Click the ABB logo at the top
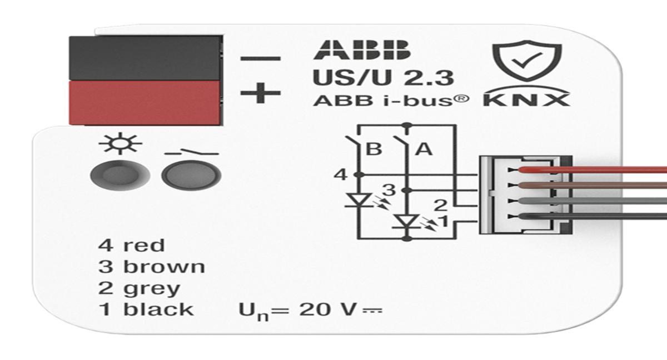(x=361, y=51)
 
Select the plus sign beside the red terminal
(x=260, y=93)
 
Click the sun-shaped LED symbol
(x=120, y=146)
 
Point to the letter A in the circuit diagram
(x=424, y=149)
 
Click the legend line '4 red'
(x=131, y=245)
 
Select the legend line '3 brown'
(x=151, y=267)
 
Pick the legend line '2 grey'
(x=139, y=289)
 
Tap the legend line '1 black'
(x=146, y=309)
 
